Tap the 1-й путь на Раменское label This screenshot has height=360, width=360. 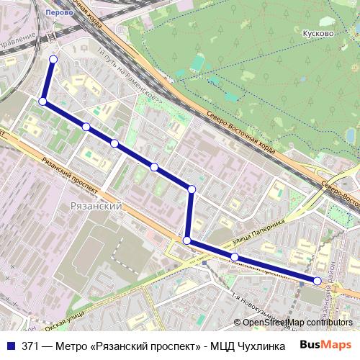(x=130, y=76)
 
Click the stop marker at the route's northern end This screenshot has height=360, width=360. (x=53, y=59)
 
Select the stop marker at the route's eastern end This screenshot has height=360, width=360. (x=317, y=280)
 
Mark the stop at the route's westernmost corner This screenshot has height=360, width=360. (x=42, y=102)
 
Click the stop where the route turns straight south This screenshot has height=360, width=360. (x=192, y=189)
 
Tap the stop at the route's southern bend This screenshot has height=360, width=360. (x=186, y=240)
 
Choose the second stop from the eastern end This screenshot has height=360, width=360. (x=235, y=257)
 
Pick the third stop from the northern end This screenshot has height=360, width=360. (x=86, y=127)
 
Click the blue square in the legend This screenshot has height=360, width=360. (x=11, y=346)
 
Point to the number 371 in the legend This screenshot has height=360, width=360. (x=30, y=346)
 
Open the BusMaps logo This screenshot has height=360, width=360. (x=325, y=345)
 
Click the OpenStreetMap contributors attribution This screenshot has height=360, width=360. (x=294, y=323)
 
